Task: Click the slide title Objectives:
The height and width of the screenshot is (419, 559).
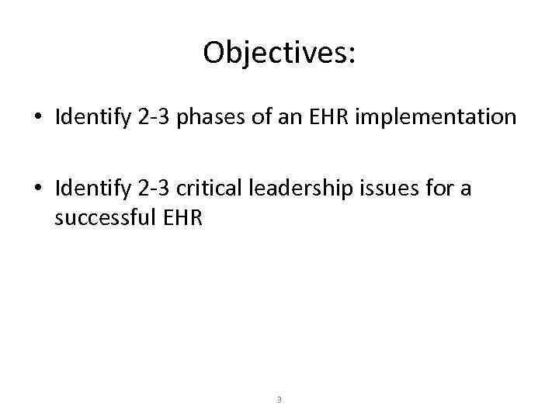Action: tap(279, 53)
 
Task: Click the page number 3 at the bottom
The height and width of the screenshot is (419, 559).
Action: tap(279, 400)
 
